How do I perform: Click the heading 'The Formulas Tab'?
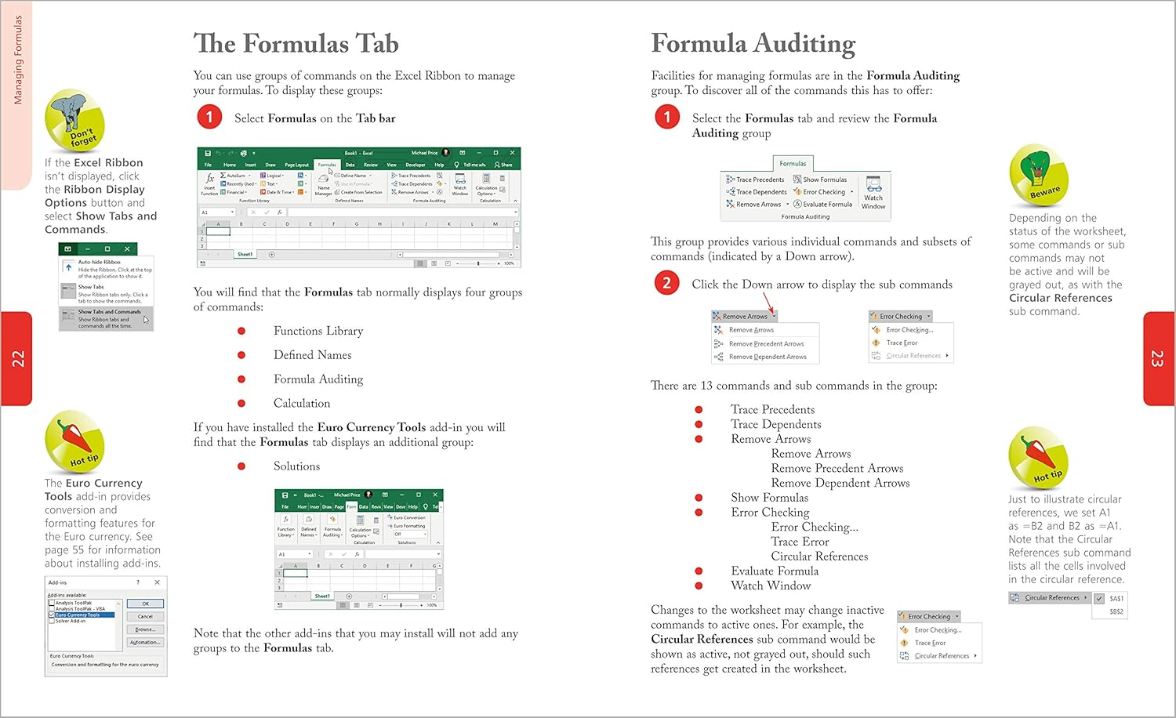296,44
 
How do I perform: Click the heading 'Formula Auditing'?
753,44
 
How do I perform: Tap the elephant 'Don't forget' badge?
74,120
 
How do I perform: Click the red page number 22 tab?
16,359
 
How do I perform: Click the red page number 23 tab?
1158,359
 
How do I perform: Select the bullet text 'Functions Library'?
318,331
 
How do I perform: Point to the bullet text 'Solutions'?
296,466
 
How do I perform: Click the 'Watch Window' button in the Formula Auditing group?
873,193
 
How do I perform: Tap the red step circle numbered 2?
666,283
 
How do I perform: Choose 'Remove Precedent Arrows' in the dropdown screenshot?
766,344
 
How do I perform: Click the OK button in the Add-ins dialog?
145,604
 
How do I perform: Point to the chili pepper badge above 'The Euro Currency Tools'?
74,441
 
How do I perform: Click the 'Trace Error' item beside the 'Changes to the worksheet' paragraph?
930,643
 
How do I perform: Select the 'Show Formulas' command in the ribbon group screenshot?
824,179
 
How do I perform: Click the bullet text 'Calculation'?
301,404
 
